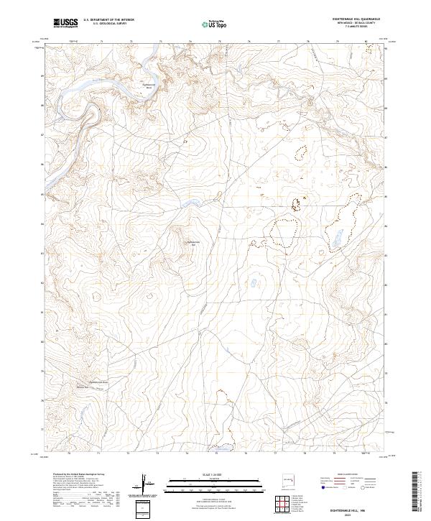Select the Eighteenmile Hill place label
point(192,243)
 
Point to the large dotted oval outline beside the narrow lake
point(284,233)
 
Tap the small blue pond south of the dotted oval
point(254,282)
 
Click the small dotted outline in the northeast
point(300,153)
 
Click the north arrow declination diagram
point(146,484)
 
